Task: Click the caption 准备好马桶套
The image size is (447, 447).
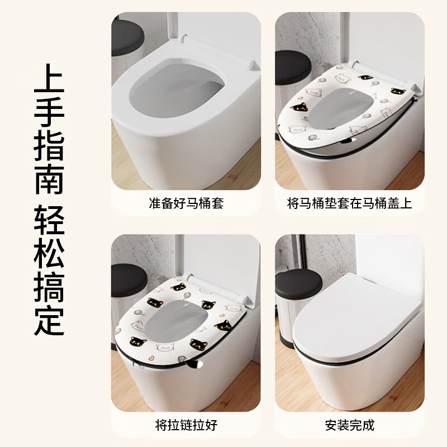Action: point(186,203)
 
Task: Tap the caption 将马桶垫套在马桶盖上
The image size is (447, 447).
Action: point(349,203)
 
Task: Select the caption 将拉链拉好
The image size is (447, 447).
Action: point(186,425)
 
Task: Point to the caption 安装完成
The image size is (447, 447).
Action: point(349,425)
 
